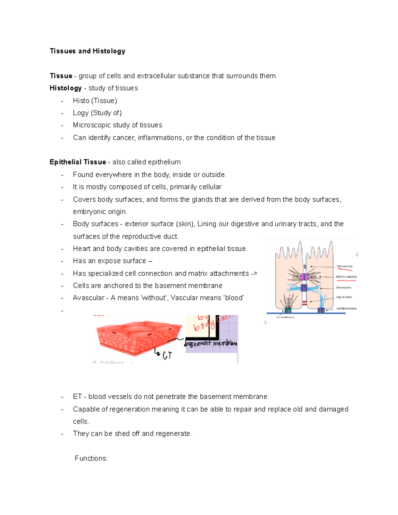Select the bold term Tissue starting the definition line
(x=61, y=76)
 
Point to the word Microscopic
(x=92, y=125)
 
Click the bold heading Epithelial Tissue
(x=78, y=162)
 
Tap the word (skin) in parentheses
(x=185, y=224)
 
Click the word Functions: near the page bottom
(x=91, y=458)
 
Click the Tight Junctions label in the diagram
(x=344, y=266)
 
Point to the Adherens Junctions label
(x=346, y=277)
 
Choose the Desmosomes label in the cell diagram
(x=344, y=288)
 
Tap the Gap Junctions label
(x=344, y=297)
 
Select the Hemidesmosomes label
(x=346, y=308)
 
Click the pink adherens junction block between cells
(x=304, y=277)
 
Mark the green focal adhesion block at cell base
(x=288, y=310)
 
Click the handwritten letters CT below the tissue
(x=167, y=356)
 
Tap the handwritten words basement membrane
(x=211, y=343)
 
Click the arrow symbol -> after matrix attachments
(x=254, y=274)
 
